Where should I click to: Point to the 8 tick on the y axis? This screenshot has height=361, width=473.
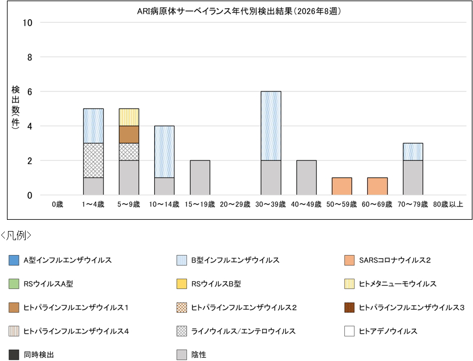click(x=29, y=57)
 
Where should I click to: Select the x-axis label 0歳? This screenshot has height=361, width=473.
click(x=58, y=204)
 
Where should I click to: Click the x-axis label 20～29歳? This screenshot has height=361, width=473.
click(x=235, y=204)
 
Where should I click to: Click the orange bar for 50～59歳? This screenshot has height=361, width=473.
click(x=342, y=187)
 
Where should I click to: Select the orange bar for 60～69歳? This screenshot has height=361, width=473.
click(x=377, y=187)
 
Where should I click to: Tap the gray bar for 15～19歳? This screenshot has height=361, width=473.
click(x=200, y=178)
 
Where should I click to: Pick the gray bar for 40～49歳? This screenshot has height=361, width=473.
click(x=306, y=178)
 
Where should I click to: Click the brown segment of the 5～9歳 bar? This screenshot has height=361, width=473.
click(x=129, y=135)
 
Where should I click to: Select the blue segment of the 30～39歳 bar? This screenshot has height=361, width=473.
click(x=271, y=126)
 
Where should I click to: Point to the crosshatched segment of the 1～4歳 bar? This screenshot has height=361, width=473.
click(x=93, y=160)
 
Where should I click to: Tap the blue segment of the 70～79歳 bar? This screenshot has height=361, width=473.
click(x=413, y=152)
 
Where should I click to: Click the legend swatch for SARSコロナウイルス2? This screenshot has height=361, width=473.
click(x=350, y=260)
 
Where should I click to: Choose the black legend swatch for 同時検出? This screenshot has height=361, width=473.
click(x=14, y=355)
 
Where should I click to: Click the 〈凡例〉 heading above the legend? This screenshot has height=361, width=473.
click(x=17, y=235)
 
